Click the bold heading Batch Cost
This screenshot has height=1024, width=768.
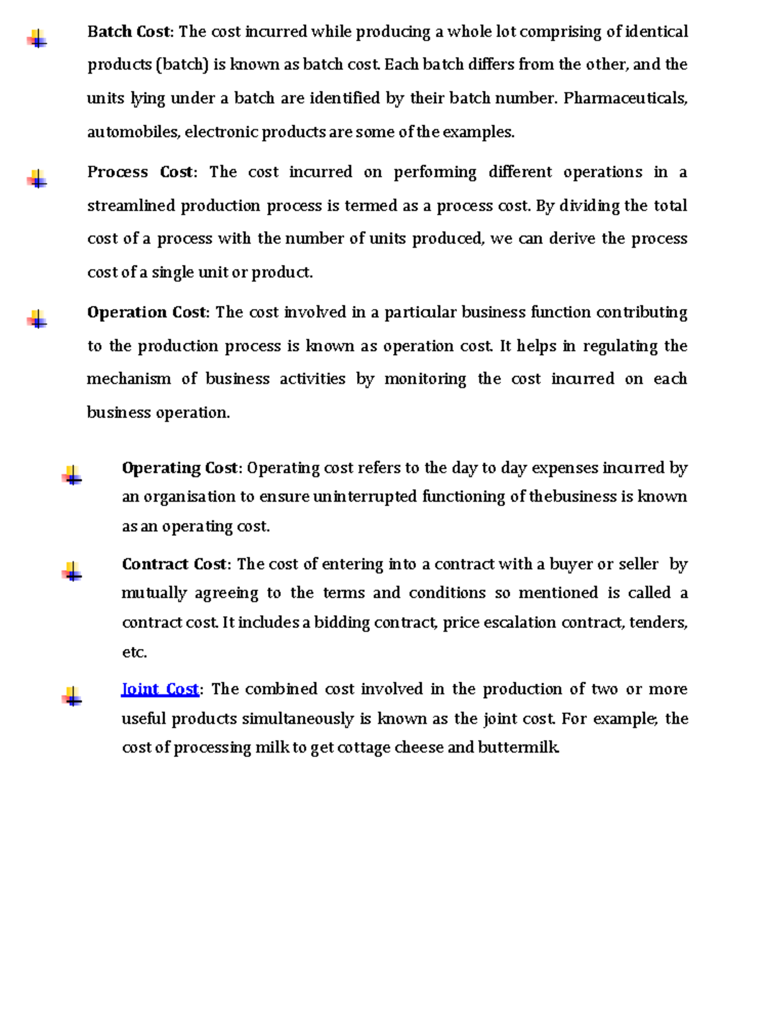point(129,31)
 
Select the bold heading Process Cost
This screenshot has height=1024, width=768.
point(140,172)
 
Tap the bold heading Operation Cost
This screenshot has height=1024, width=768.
point(147,312)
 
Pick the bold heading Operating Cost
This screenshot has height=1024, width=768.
point(179,468)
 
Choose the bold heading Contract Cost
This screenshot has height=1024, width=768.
point(173,564)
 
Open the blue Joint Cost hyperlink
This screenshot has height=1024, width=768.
point(160,689)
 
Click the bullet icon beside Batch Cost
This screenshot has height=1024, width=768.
point(37,39)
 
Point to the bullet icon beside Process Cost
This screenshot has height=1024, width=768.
point(37,179)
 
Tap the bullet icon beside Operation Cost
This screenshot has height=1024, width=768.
point(37,319)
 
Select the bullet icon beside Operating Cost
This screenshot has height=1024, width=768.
point(72,476)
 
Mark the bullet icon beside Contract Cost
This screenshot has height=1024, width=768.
point(72,572)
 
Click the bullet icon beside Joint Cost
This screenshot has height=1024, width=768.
point(72,696)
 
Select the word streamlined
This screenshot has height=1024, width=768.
point(131,205)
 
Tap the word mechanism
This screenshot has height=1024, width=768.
point(129,379)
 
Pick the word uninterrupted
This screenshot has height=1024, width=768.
point(365,497)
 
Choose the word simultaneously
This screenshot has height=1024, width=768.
point(298,719)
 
